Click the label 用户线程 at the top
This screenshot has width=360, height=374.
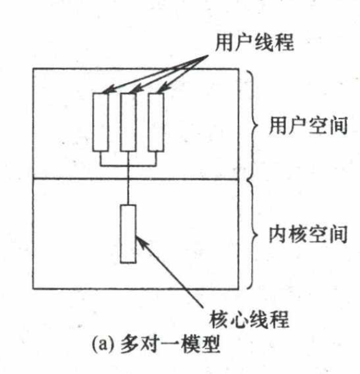(x=255, y=42)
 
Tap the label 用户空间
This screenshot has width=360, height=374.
(x=308, y=125)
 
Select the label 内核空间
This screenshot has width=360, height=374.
(x=308, y=235)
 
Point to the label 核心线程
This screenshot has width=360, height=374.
(x=250, y=318)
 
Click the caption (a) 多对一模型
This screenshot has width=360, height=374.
(x=155, y=344)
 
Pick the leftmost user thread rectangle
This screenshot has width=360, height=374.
(x=100, y=122)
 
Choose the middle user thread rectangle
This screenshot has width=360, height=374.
(x=129, y=122)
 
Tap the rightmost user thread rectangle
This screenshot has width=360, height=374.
(x=156, y=122)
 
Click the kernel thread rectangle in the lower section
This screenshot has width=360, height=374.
(x=129, y=234)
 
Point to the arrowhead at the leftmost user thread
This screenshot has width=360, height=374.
(x=109, y=89)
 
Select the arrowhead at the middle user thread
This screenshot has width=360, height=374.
(x=137, y=89)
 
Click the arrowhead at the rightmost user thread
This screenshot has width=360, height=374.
(x=164, y=88)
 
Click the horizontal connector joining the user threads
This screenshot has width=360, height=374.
(x=129, y=165)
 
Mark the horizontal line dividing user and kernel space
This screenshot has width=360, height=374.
(x=135, y=179)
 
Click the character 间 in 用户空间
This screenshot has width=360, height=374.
(x=338, y=125)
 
